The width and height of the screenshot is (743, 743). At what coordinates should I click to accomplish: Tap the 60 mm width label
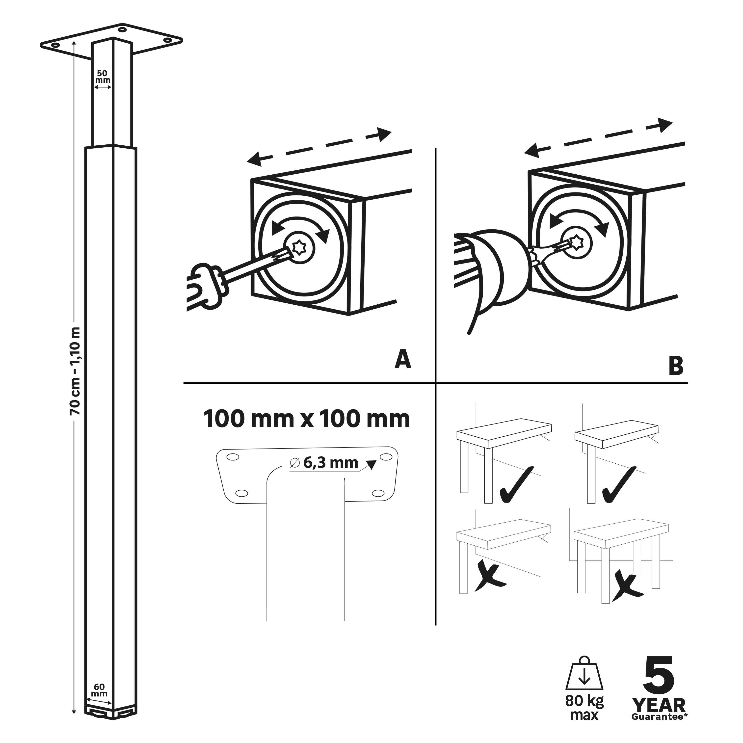click(x=99, y=690)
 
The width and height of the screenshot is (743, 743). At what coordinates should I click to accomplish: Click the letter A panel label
click(x=403, y=360)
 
